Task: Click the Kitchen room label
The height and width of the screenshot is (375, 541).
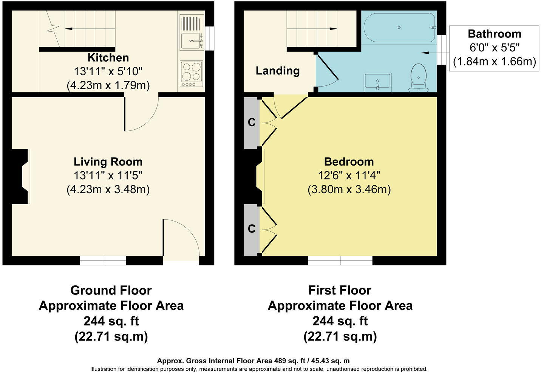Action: [108, 58]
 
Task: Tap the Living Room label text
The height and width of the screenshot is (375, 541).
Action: [108, 162]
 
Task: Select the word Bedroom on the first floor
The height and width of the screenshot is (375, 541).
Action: [349, 162]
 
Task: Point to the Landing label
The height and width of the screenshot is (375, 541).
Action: [278, 71]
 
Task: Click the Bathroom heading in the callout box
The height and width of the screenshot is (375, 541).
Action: [495, 34]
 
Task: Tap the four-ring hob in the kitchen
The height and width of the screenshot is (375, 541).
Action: [191, 73]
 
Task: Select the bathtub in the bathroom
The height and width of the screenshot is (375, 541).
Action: [399, 28]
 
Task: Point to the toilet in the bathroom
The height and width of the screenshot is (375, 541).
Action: [418, 78]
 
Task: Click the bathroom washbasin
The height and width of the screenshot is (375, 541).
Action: [378, 82]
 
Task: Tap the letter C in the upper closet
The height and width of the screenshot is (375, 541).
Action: [252, 122]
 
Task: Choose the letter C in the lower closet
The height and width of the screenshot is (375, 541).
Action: [252, 228]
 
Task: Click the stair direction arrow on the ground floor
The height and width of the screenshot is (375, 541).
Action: [90, 29]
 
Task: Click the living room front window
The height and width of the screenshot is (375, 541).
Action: [103, 261]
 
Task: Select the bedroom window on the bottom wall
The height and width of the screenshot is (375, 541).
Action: [340, 261]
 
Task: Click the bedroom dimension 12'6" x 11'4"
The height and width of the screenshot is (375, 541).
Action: [349, 176]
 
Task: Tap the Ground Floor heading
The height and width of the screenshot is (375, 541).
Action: [111, 290]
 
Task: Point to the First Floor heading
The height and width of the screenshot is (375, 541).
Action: [340, 290]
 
